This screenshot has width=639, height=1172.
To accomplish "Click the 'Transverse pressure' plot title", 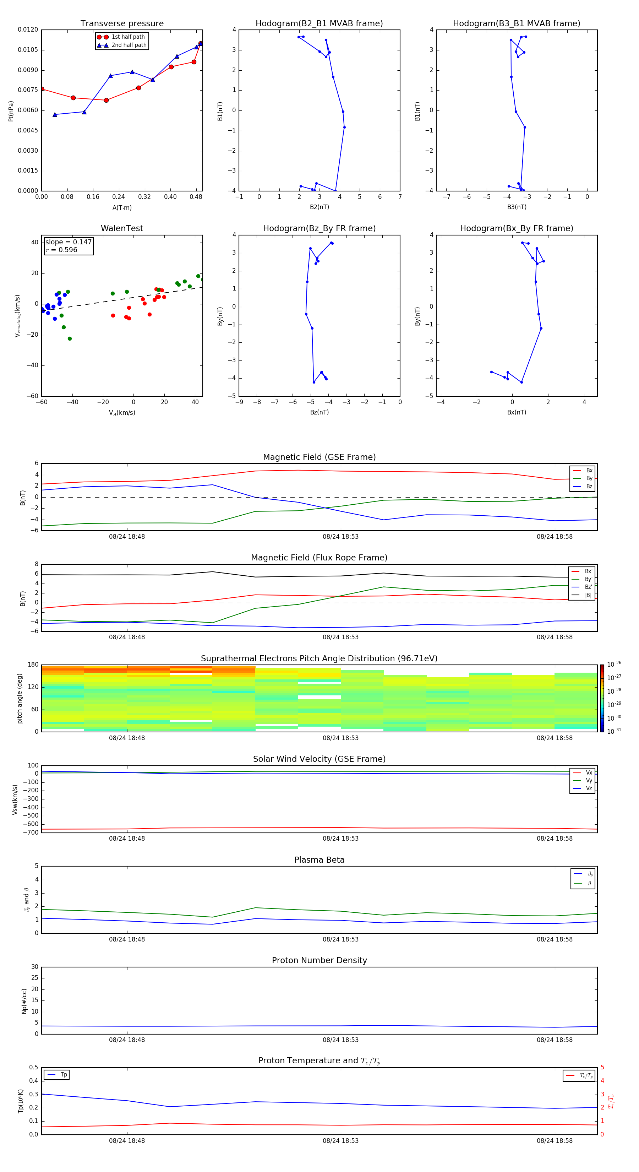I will click(x=122, y=24).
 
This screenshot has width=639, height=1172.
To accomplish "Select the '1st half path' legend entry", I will click(x=128, y=37).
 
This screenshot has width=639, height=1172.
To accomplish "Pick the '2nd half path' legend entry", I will click(x=129, y=45).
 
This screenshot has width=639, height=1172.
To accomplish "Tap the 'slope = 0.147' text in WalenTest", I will click(x=68, y=242).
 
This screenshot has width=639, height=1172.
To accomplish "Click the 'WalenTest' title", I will click(x=122, y=228).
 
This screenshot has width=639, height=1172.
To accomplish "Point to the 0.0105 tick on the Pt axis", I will click(x=28, y=50).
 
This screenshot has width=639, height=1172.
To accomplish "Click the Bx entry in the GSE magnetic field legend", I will click(x=589, y=471).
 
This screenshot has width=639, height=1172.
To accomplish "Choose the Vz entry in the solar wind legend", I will click(x=589, y=788).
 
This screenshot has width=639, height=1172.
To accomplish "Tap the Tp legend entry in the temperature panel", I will click(x=63, y=1075).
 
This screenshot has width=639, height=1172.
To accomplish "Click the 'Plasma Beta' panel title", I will click(x=319, y=860).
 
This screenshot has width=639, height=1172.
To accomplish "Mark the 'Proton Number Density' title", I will click(x=319, y=960).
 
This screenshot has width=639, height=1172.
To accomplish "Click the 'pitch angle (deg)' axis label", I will click(x=20, y=698).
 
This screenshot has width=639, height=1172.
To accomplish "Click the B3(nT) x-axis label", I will click(x=517, y=207).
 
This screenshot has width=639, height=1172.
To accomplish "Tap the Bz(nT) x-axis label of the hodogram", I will click(x=319, y=412).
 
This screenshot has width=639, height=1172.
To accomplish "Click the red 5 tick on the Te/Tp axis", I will click(x=602, y=1067).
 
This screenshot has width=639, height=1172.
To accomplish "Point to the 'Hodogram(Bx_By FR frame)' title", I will click(x=516, y=228).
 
